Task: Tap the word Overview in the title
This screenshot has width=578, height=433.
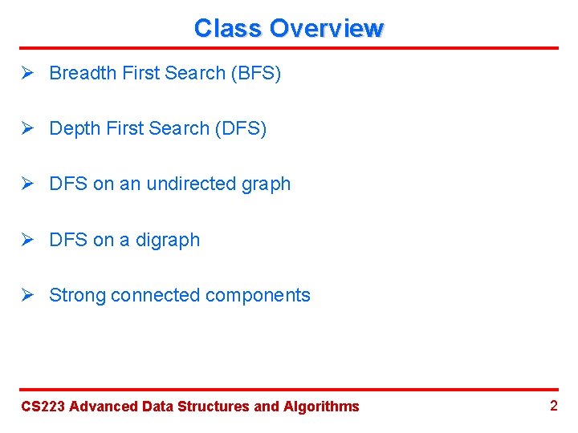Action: (x=327, y=29)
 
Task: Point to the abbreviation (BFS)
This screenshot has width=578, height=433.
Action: (x=255, y=74)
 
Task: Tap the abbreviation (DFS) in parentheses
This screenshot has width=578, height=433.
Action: (x=240, y=129)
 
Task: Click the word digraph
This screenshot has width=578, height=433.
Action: (x=169, y=241)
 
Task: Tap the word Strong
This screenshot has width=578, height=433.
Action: (x=77, y=296)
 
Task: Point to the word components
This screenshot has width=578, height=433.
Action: (x=258, y=296)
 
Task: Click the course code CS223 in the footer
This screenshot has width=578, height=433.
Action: (x=43, y=407)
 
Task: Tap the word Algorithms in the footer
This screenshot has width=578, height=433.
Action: (x=321, y=407)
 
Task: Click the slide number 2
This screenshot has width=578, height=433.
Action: (x=553, y=406)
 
